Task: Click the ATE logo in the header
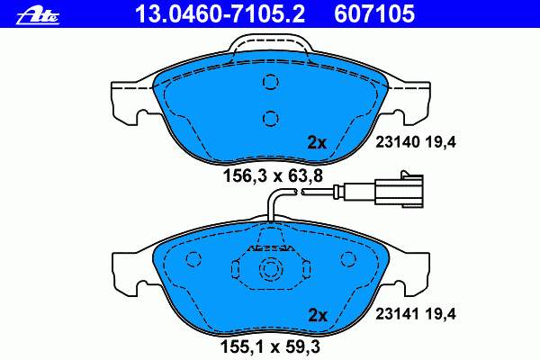tap(38, 16)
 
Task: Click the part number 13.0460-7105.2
tap(220, 14)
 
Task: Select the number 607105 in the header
tap(374, 14)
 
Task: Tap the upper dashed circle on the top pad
tap(271, 82)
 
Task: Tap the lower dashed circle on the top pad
tap(271, 119)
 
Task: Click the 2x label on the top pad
tap(317, 142)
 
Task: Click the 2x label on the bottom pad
tap(317, 315)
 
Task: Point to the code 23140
tap(398, 142)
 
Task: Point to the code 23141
tap(398, 314)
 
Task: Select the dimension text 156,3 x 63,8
tap(273, 176)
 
